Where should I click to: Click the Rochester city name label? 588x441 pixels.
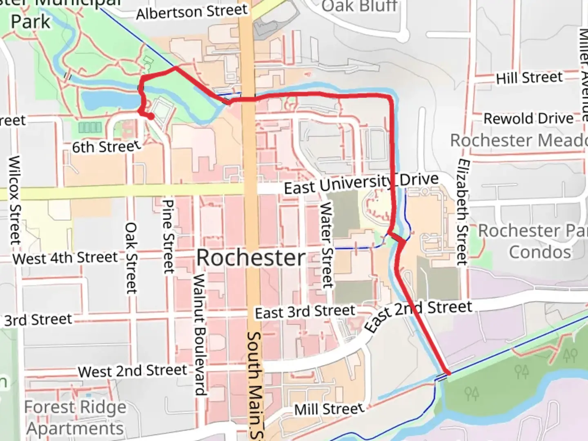coord(251,258)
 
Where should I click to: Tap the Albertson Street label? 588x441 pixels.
coord(192,12)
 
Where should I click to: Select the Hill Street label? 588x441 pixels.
coord(529,77)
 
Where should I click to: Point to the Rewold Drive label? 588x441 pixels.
coord(528,119)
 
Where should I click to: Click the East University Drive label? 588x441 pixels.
coord(361,183)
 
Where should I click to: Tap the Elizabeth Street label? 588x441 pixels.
coord(462,212)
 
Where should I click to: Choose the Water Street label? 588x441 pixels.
coord(326,245)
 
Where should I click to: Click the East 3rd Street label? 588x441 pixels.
coord(305,312)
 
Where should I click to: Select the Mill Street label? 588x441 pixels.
coord(329,409)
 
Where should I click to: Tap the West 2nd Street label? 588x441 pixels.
coord(132,371)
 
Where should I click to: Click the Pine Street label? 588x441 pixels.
coord(168,236)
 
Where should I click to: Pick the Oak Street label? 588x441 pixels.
coord(131,258)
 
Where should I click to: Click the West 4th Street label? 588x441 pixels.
coord(65,258)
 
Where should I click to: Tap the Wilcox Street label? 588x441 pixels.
coord(15,200)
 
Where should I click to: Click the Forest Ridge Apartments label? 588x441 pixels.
coord(75,418)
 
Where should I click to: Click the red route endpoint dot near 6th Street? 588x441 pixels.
coord(151,117)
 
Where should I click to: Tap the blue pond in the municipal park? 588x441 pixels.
coord(108,100)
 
